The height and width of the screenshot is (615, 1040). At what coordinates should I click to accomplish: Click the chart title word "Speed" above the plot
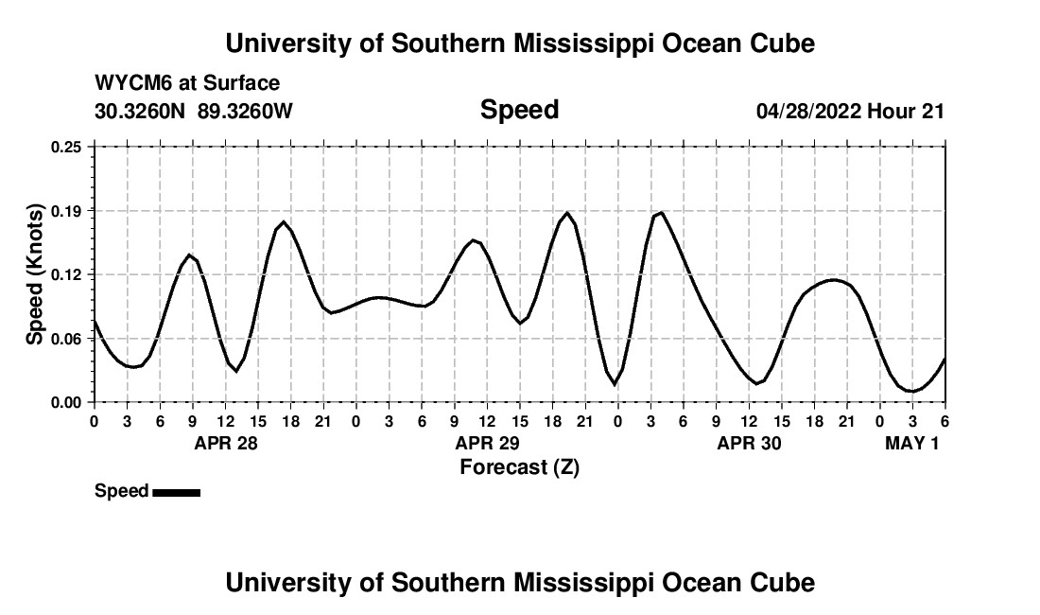click(x=519, y=110)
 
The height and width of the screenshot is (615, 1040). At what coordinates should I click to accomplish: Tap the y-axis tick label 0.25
click(x=67, y=147)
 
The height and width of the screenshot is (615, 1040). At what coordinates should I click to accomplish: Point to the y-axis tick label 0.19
click(x=67, y=210)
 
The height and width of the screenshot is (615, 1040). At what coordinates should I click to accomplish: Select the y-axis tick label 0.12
click(x=67, y=274)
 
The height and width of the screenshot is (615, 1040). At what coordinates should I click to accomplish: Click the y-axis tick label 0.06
click(x=67, y=338)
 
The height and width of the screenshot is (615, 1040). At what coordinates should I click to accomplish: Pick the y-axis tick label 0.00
click(x=67, y=402)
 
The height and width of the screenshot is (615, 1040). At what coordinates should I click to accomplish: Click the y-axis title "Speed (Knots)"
click(x=36, y=274)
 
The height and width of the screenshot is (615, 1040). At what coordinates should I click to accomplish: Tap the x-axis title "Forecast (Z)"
click(x=519, y=467)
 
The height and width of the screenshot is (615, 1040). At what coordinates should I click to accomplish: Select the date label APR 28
click(x=226, y=443)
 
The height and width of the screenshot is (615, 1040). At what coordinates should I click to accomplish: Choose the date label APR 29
click(x=488, y=443)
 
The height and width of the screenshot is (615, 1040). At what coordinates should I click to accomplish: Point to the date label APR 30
click(x=750, y=443)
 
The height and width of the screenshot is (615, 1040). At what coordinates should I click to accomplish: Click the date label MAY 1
click(x=912, y=443)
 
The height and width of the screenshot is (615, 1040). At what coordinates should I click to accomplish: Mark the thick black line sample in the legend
click(x=176, y=492)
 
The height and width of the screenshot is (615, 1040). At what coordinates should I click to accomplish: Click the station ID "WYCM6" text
click(x=134, y=83)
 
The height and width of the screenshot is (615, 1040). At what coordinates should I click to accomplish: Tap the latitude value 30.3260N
click(x=141, y=111)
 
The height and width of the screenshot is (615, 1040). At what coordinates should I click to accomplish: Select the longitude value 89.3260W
click(x=246, y=111)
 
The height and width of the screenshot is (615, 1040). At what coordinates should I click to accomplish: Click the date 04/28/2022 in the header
click(x=808, y=111)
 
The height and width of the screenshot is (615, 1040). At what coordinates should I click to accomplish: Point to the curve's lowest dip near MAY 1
click(x=911, y=391)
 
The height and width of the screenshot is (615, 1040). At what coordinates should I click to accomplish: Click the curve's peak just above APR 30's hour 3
click(x=661, y=213)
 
